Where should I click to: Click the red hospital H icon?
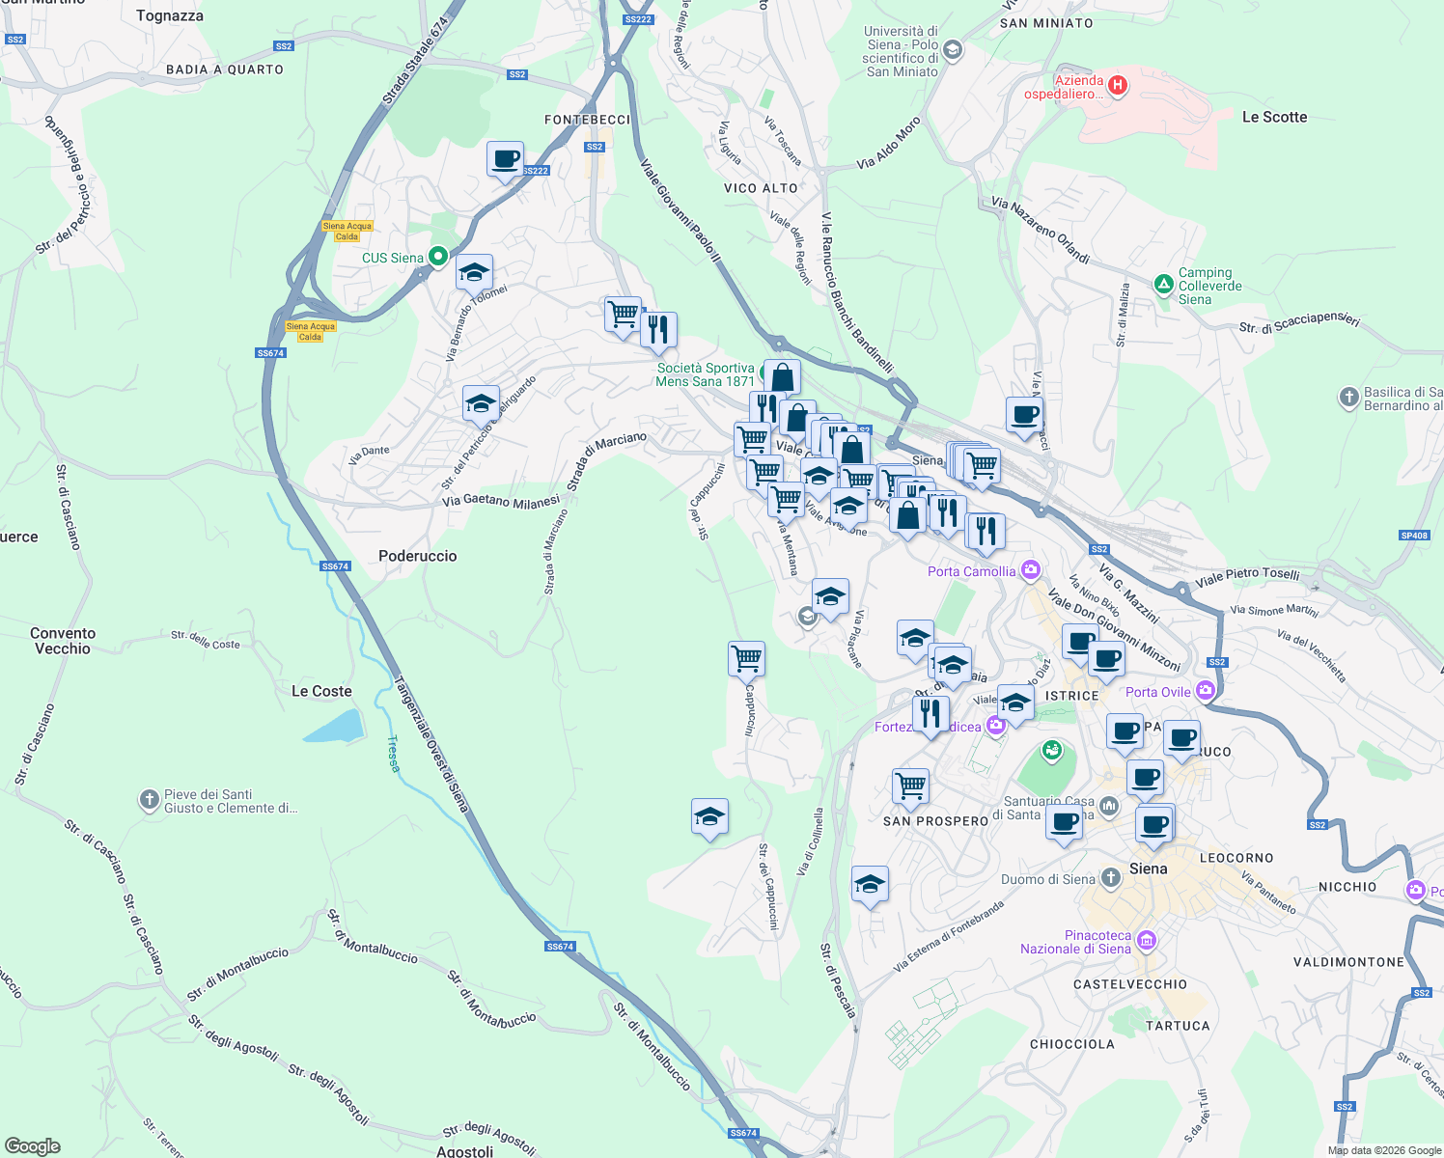(x=1118, y=86)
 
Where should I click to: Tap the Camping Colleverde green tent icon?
(x=1163, y=284)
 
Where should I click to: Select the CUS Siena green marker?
(x=437, y=257)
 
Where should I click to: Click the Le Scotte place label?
(x=1274, y=117)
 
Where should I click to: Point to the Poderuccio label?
(x=417, y=556)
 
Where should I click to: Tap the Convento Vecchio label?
(x=63, y=641)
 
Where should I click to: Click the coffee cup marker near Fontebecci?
(x=505, y=159)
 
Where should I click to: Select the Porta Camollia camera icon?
(x=1031, y=570)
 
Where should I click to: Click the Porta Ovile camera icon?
(x=1205, y=690)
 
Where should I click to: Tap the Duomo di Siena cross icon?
(x=1111, y=877)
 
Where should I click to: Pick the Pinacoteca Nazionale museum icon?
(x=1146, y=940)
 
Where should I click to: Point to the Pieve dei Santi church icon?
(x=149, y=799)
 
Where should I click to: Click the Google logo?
(x=33, y=1145)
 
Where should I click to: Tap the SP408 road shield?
(x=1413, y=536)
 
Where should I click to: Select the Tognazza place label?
(x=170, y=15)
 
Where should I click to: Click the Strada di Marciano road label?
(x=606, y=461)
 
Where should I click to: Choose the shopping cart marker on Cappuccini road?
(x=746, y=659)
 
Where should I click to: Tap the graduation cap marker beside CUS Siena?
(x=474, y=272)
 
